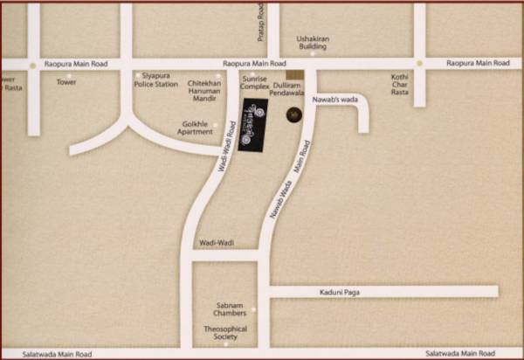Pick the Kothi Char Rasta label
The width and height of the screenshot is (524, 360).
coord(400,84)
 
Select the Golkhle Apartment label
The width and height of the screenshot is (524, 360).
coord(194,128)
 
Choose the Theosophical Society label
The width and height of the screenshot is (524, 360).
coord(225,333)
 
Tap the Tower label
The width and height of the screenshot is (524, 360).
coord(66,82)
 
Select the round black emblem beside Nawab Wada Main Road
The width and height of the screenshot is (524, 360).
coord(293,114)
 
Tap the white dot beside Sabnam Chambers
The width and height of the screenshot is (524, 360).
coord(253,308)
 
